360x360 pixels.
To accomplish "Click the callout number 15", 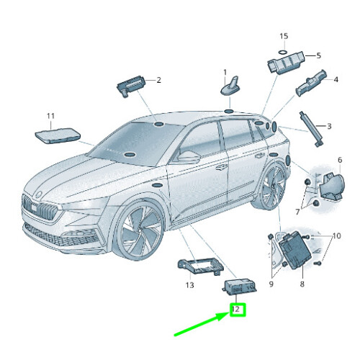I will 283,36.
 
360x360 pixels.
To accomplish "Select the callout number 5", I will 318,55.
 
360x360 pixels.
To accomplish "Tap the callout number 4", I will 335,80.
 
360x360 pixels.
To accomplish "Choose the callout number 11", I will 50,115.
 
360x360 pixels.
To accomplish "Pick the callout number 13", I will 190,285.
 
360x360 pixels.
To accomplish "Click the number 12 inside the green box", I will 235,310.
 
